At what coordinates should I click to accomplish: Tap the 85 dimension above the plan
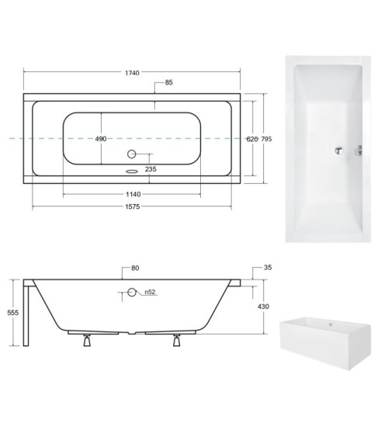(168, 84)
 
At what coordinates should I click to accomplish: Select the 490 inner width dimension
(101, 139)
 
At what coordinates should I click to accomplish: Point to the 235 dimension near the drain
(149, 168)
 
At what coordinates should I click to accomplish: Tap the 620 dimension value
(251, 139)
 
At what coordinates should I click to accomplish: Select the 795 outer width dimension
(267, 139)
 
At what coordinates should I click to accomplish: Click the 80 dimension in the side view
(135, 269)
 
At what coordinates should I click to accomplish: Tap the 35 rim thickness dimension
(268, 268)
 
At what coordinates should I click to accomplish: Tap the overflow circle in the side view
(132, 292)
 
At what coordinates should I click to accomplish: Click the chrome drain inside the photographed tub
(338, 150)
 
